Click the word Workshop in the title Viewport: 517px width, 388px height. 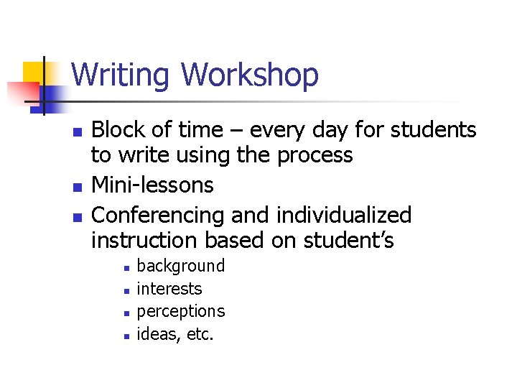pyautogui.click(x=250, y=75)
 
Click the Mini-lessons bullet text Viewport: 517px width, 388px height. pyautogui.click(x=152, y=185)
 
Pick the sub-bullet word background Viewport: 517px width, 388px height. pyautogui.click(x=180, y=266)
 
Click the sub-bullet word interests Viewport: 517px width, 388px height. pyautogui.click(x=169, y=289)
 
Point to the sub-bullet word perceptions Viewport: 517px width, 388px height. pyautogui.click(x=180, y=312)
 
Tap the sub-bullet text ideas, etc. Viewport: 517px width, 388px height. pyautogui.click(x=175, y=334)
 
